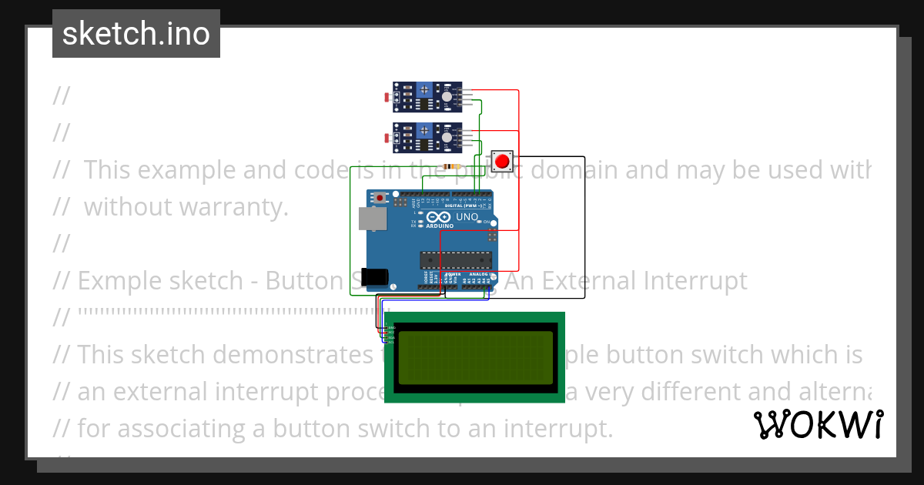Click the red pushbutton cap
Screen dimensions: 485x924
[x=502, y=162]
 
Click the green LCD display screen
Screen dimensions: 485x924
[x=475, y=357]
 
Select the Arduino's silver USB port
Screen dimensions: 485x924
[x=373, y=219]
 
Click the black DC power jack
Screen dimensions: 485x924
[x=377, y=276]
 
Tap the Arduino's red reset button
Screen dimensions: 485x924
[x=380, y=198]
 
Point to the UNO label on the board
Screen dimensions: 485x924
[x=467, y=218]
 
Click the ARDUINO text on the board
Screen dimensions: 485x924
[x=440, y=226]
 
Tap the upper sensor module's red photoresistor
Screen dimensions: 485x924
[x=387, y=98]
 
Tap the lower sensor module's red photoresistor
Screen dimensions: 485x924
[x=387, y=138]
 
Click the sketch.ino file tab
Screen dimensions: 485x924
[x=136, y=34]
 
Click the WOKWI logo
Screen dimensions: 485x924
[x=818, y=424]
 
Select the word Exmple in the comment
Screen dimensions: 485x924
[x=117, y=281]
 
